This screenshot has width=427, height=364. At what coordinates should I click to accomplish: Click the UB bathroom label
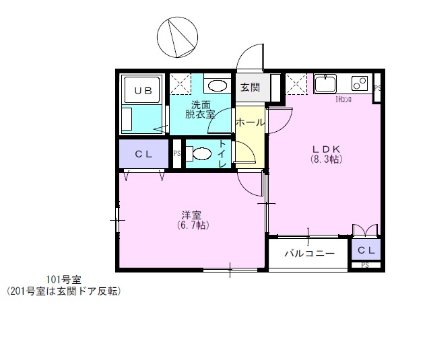click(142, 91)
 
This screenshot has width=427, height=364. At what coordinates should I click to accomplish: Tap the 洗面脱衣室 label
click(201, 110)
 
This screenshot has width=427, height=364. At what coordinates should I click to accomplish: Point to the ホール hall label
click(250, 123)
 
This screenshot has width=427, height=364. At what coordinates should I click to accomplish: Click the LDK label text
click(328, 149)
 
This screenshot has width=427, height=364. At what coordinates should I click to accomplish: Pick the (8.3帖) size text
click(328, 160)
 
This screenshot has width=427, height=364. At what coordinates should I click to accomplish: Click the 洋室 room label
click(191, 215)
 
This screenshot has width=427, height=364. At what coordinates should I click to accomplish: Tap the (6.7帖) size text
click(191, 226)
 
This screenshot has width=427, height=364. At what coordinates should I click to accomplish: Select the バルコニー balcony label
click(308, 254)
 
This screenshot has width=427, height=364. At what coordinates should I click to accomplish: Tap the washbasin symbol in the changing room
click(216, 85)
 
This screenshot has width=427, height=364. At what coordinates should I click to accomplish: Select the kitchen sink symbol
click(325, 85)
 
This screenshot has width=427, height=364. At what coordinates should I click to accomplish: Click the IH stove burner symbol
click(358, 85)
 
